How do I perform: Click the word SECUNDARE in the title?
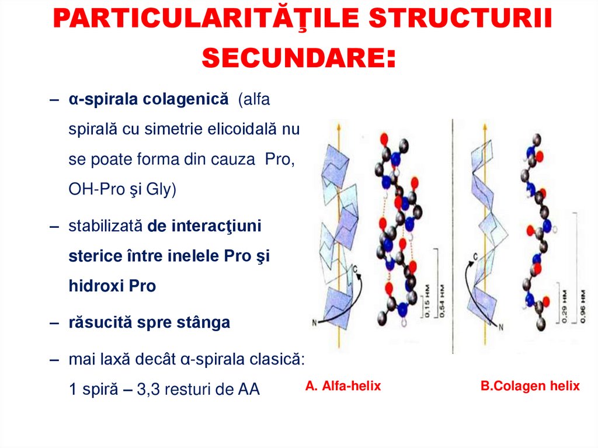click(291, 57)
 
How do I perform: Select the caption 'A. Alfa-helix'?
click(343, 386)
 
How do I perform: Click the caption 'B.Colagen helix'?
click(530, 386)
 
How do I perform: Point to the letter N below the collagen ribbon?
click(500, 328)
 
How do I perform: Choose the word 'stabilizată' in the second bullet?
click(105, 226)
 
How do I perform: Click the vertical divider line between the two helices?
click(453, 234)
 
